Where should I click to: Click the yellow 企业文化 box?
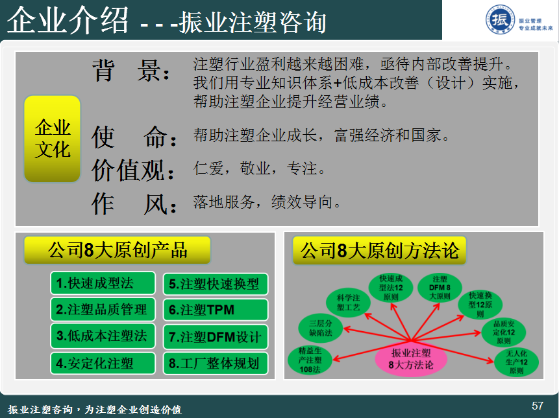[52, 139]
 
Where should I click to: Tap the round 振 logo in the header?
[500, 20]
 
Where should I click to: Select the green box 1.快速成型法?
[103, 283]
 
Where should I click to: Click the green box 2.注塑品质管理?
[103, 310]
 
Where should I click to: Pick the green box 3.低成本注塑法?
[103, 336]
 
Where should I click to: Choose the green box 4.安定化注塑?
[103, 363]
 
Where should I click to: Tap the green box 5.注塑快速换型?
[216, 284]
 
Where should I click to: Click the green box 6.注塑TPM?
[216, 310]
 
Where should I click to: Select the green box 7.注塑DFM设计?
[216, 336]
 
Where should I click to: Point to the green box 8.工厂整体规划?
[216, 363]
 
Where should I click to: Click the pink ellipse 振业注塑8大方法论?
[411, 358]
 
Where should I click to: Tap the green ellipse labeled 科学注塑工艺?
[348, 303]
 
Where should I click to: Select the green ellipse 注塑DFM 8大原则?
[440, 288]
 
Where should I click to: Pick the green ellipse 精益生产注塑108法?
[310, 360]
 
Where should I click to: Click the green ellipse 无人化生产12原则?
[516, 362]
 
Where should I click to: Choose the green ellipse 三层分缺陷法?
[321, 328]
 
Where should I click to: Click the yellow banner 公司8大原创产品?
[118, 250]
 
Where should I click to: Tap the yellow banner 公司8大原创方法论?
[379, 250]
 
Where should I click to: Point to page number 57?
[538, 406]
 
